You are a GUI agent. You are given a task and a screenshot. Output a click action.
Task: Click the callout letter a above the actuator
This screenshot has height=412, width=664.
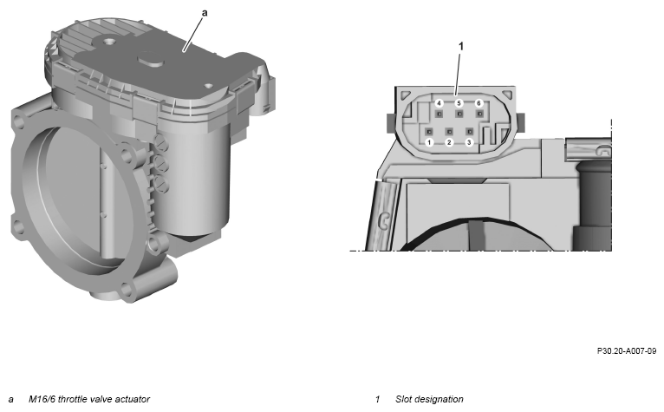pos(205,13)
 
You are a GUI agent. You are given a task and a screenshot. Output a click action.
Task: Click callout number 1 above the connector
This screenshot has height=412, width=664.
pos(461,46)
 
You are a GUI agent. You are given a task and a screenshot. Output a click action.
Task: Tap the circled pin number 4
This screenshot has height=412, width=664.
pos(439,103)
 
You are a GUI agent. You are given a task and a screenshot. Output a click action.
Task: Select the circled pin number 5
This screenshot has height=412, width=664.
pos(459,103)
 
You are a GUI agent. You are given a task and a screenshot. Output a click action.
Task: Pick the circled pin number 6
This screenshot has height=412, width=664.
pos(479,103)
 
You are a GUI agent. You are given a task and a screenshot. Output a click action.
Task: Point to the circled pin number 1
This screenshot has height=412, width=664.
pos(429,142)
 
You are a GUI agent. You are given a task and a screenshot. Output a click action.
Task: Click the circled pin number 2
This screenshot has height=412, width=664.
pos(449,142)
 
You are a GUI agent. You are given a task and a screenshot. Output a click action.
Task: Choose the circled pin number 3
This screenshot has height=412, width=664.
pos(469,142)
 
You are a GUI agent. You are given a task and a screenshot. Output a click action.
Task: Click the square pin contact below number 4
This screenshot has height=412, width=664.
pos(439,114)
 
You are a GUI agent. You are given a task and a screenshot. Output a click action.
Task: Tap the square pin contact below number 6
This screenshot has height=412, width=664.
pos(479,114)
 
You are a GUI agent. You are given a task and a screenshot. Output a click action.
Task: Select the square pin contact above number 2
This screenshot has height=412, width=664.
pos(449,131)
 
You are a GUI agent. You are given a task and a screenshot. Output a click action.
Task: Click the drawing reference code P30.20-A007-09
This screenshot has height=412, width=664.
pos(627,351)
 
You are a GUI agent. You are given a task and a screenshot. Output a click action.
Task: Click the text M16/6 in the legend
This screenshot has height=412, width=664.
pos(42,399)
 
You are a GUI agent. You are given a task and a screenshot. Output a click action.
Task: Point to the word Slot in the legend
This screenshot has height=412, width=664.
pos(404,399)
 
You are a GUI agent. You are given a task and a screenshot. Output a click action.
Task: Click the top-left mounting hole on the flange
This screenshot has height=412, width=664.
pos(19,121)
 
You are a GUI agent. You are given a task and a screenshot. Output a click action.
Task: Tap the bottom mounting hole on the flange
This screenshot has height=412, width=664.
pos(127,290)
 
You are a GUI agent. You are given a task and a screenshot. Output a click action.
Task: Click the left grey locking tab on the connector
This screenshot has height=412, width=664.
pos(391,123)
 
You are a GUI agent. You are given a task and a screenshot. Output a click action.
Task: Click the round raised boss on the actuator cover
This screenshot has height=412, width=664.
pos(151,58)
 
